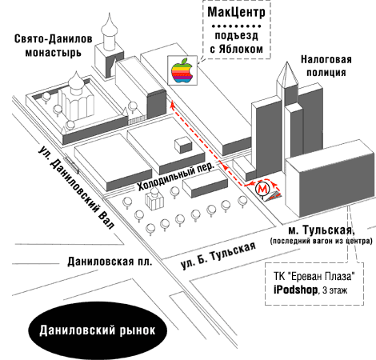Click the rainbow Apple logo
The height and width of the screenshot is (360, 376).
coord(182,70)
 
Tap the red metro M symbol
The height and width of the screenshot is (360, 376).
coord(263,189)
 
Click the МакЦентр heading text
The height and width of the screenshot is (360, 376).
coord(236,12)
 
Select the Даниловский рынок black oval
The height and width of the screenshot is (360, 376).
coord(98,330)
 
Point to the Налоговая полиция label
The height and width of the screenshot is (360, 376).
coord(326,66)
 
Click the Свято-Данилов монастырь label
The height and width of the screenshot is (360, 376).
coord(54,46)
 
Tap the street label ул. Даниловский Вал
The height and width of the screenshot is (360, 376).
coord(76,187)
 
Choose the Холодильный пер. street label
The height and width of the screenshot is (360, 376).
coord(176,175)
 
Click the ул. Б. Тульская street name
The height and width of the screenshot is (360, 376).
coord(218,255)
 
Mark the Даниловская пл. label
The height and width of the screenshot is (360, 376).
coord(110,262)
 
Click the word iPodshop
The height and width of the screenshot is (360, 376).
coord(295,290)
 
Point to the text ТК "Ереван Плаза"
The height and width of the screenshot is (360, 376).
coord(314,276)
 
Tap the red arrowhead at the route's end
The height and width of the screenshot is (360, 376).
coord(173,103)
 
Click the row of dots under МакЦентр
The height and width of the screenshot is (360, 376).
coord(236,26)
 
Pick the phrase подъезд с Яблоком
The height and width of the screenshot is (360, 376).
coord(236,42)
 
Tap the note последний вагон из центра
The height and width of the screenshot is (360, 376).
coord(321,241)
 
